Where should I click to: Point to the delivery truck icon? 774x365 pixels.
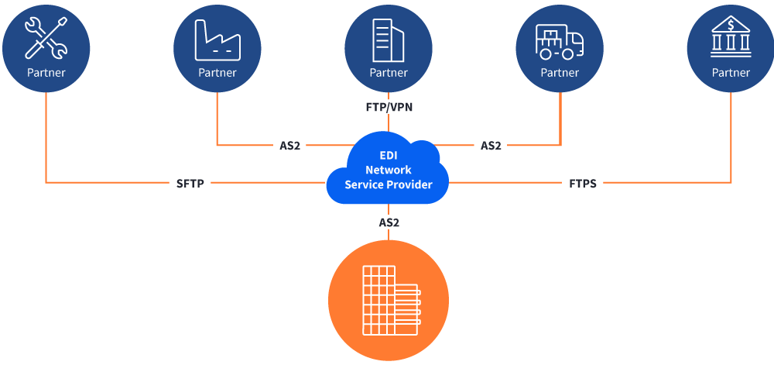tap(559, 41)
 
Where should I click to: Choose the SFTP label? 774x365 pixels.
tap(190, 184)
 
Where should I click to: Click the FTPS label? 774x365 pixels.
tap(582, 184)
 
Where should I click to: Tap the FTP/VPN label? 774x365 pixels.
tap(389, 107)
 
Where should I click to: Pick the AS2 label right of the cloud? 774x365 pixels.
tap(491, 146)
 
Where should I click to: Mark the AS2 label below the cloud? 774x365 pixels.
tap(389, 222)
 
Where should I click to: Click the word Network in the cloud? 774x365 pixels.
tap(389, 170)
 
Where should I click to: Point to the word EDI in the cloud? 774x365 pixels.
tap(389, 156)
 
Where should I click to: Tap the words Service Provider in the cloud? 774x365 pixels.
tap(389, 184)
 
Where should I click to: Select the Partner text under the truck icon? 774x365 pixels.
tap(559, 73)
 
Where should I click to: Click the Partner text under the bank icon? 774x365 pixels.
tap(731, 73)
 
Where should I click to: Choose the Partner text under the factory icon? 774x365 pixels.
tap(217, 73)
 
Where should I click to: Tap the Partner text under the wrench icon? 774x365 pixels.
tap(46, 73)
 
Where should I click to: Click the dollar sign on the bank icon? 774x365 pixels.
tap(731, 26)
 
